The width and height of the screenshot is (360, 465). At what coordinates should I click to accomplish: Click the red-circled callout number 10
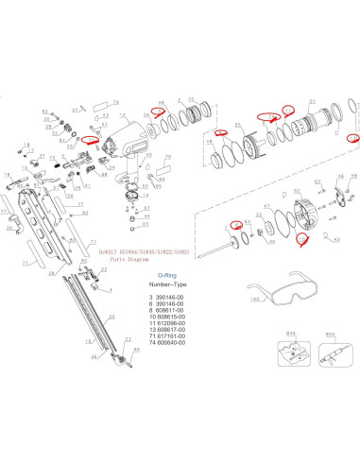(271, 117)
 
